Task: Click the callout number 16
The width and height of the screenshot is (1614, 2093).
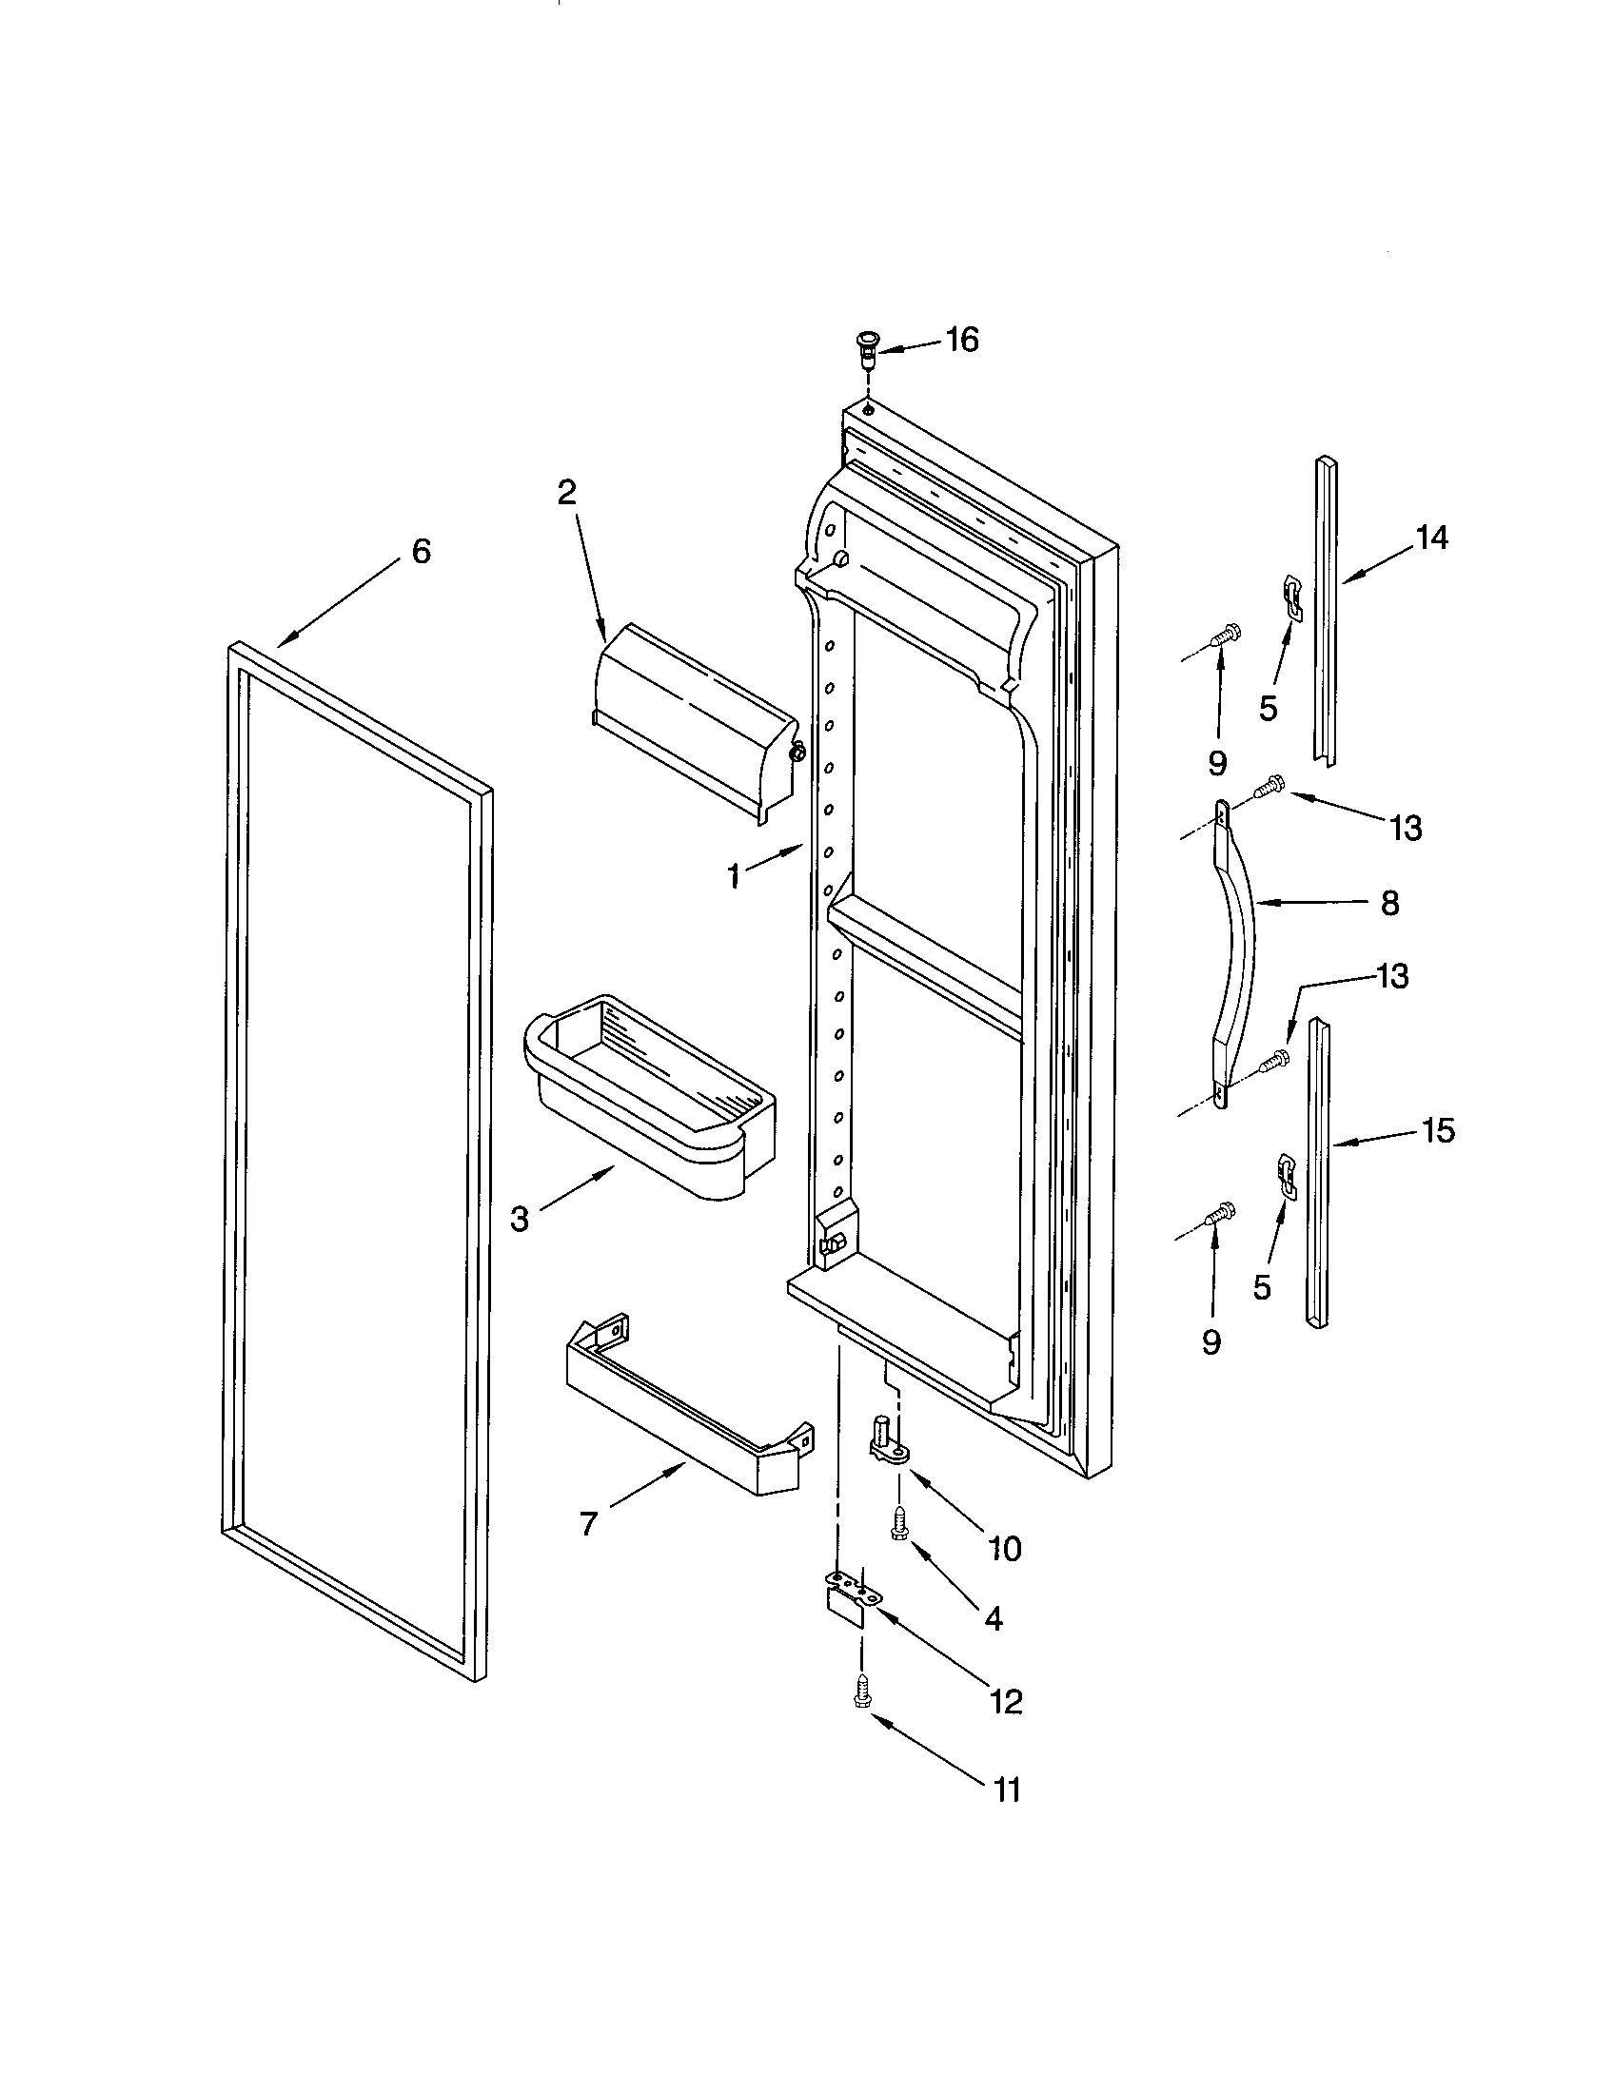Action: coord(961,340)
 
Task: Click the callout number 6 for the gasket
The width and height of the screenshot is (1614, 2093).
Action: coord(421,551)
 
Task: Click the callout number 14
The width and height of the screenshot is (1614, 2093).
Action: coord(1432,538)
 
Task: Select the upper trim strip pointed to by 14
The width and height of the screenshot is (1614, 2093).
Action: coord(1326,614)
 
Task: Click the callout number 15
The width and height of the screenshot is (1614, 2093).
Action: coord(1438,1131)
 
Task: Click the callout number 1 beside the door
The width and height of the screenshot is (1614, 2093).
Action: coord(733,876)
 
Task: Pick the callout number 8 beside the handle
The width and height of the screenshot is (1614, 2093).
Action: coord(1389,903)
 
